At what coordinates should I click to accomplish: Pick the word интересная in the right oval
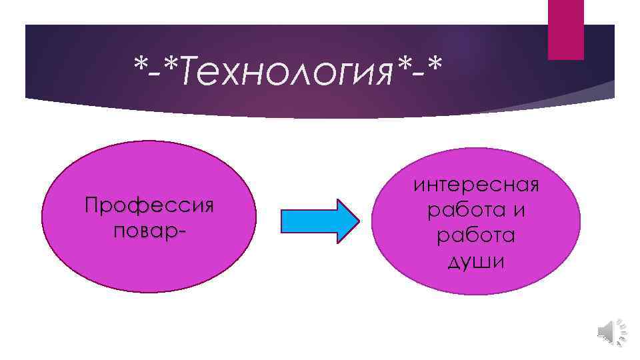[x=475, y=185]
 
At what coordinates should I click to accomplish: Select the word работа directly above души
[x=475, y=237]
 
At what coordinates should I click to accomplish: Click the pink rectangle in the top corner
[x=565, y=29]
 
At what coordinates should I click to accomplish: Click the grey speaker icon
[x=609, y=331]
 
